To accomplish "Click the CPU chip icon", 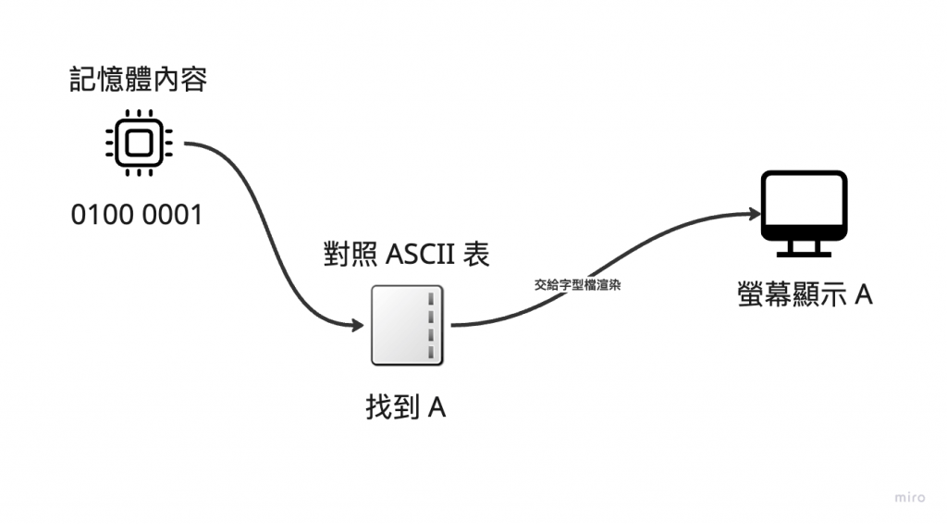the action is click(x=139, y=143).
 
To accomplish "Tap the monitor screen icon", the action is click(x=804, y=214).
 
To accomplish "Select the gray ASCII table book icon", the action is click(x=407, y=325).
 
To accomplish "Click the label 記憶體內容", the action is click(x=139, y=80).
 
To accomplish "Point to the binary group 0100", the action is click(x=102, y=215).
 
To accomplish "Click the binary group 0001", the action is click(x=172, y=215).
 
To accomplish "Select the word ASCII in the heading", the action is click(x=420, y=254).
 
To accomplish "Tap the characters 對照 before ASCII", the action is click(x=351, y=254).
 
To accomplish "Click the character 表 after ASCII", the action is click(x=476, y=254).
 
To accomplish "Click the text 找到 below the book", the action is click(x=392, y=406).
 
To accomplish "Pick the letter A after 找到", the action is click(x=437, y=408).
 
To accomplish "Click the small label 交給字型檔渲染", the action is click(x=577, y=284).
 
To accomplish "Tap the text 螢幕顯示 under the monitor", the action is click(x=792, y=295).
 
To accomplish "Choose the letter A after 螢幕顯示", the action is click(x=864, y=295).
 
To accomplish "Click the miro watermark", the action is click(x=910, y=497).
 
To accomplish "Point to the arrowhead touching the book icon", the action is click(x=358, y=325).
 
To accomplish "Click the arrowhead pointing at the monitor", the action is click(x=755, y=213).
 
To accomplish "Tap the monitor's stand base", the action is click(x=804, y=255).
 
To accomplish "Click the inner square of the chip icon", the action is click(x=139, y=143).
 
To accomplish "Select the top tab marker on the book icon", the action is click(x=431, y=299).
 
